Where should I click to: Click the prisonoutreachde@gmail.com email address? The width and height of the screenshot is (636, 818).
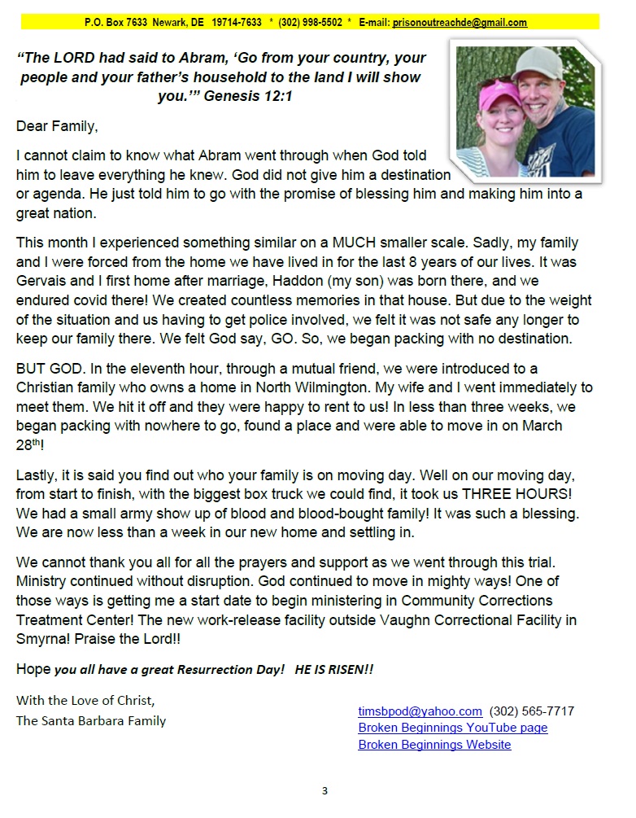coord(460,23)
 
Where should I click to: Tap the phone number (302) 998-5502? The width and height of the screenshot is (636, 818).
coord(310,23)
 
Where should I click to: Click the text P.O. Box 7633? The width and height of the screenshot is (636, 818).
coord(115,23)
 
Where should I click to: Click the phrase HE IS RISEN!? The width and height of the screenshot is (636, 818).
coord(333,669)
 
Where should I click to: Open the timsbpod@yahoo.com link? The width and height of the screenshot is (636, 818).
coord(420,711)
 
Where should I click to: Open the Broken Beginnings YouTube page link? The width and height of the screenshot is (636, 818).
coord(452,728)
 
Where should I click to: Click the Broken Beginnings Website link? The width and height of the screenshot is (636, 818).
coord(434,744)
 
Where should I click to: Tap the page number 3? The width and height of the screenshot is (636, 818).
coord(325,790)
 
